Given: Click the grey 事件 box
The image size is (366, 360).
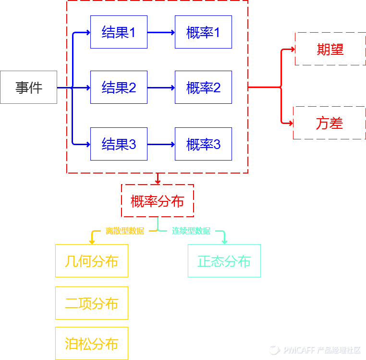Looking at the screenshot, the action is pyautogui.click(x=28, y=87).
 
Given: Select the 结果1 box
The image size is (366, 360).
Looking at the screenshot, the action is pyautogui.click(x=119, y=32).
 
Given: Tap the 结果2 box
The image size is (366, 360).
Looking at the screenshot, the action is pyautogui.click(x=119, y=87).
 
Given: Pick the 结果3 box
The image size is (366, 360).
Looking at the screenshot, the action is pyautogui.click(x=119, y=144).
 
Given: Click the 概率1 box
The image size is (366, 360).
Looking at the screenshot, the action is pyautogui.click(x=203, y=32).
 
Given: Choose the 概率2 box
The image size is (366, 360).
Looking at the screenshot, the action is pyautogui.click(x=203, y=87).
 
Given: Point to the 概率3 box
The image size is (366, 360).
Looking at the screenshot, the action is pyautogui.click(x=203, y=144).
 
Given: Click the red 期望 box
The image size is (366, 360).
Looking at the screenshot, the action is pyautogui.click(x=330, y=49).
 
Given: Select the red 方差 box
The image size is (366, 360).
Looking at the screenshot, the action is pyautogui.click(x=329, y=123).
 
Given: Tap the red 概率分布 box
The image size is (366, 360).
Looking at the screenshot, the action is pyautogui.click(x=158, y=201).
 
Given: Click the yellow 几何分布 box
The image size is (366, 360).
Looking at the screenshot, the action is pyautogui.click(x=92, y=261).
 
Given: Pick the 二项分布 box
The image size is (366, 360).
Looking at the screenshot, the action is pyautogui.click(x=92, y=303).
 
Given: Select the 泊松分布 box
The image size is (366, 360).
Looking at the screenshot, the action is pyautogui.click(x=92, y=343).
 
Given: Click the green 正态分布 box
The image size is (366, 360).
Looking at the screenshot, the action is pyautogui.click(x=224, y=261).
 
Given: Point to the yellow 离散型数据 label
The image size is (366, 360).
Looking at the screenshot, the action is pyautogui.click(x=125, y=231).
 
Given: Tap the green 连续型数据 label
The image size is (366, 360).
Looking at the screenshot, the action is pyautogui.click(x=191, y=231).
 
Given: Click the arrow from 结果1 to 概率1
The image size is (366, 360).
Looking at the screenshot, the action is pyautogui.click(x=161, y=33).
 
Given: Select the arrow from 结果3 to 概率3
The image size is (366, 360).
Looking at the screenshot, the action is pyautogui.click(x=161, y=144).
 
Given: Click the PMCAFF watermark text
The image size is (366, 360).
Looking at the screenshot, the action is pyautogui.click(x=322, y=350).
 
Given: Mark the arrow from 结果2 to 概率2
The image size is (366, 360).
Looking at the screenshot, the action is pyautogui.click(x=161, y=87).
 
